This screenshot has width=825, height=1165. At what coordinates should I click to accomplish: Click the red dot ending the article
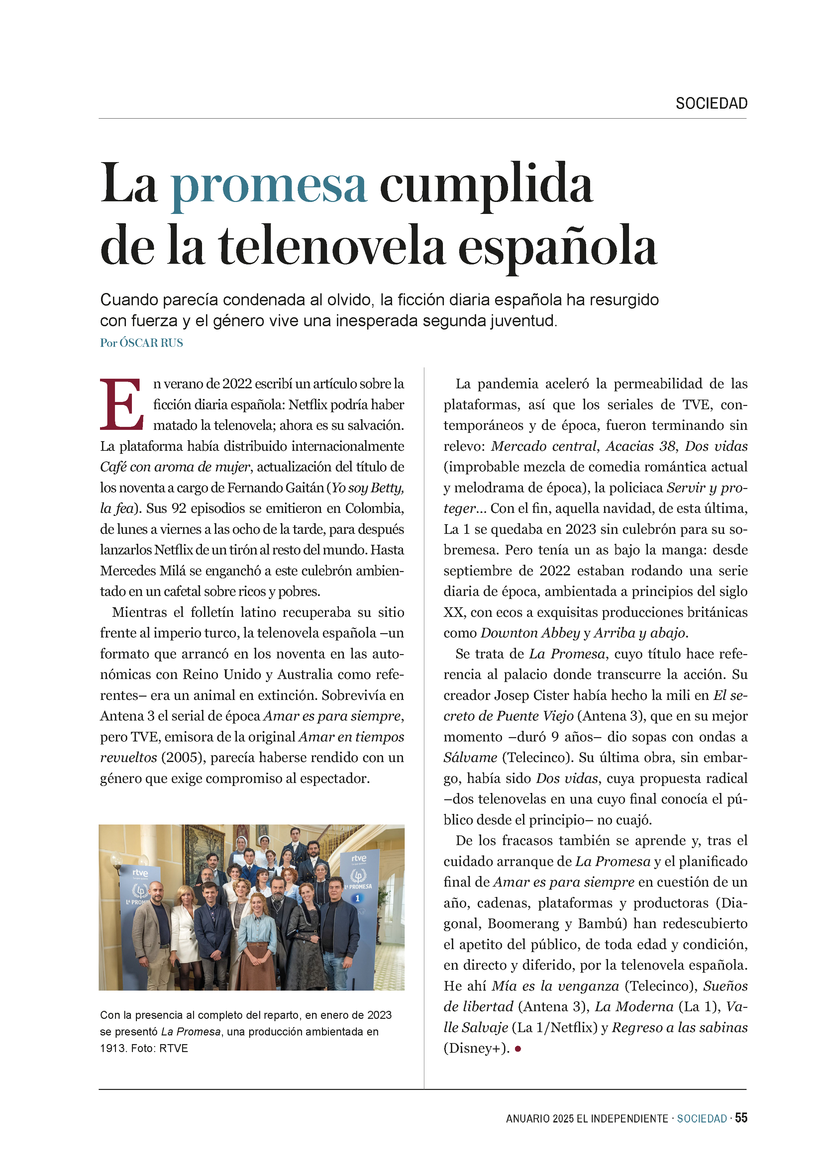(x=518, y=1048)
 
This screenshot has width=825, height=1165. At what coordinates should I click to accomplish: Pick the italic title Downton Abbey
(x=530, y=633)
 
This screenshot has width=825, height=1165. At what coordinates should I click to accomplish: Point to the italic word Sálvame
(x=470, y=758)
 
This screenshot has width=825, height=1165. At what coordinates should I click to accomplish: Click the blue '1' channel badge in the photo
(x=357, y=898)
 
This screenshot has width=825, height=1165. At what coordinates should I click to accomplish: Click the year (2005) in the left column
(x=184, y=758)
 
